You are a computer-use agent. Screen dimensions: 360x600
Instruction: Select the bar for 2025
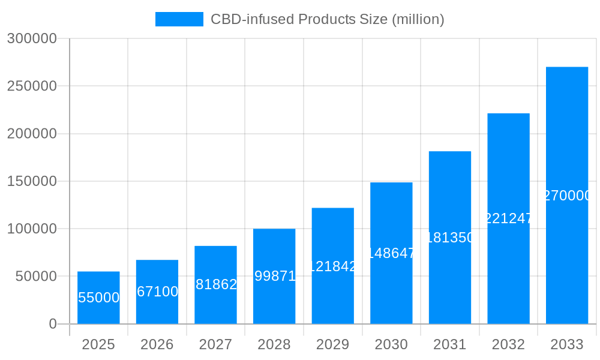tap(98, 298)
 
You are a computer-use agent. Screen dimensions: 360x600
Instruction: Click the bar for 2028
tap(274, 276)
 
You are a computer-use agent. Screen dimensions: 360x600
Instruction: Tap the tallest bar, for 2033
tap(566, 195)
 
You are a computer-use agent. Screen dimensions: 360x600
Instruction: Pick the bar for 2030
tap(391, 253)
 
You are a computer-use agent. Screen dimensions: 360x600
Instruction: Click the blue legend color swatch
tap(179, 19)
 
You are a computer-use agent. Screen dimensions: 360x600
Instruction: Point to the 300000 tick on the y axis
tap(32, 38)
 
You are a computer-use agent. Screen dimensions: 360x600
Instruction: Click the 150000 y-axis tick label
tap(32, 181)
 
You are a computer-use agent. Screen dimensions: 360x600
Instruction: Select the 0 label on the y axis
tap(52, 324)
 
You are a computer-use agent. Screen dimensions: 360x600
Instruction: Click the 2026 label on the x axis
tap(157, 344)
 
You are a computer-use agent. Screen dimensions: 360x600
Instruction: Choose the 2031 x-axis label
tap(449, 344)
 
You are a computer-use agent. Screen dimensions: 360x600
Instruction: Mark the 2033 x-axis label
tap(566, 344)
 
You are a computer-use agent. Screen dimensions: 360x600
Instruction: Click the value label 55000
tap(98, 298)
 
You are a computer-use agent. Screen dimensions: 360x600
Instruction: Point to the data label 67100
tap(157, 292)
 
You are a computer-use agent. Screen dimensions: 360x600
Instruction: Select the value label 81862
tap(215, 284)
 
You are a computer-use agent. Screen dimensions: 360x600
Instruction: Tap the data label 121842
tap(333, 266)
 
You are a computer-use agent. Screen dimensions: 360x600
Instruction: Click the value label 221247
tap(508, 218)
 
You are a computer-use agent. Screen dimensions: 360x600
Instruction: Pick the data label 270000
tap(567, 196)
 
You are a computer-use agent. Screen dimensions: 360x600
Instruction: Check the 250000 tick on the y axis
tap(32, 86)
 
